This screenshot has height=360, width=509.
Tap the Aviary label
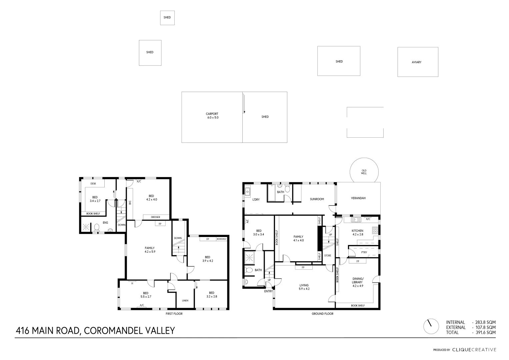coord(416,62)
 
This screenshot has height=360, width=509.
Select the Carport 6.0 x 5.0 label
coord(212,116)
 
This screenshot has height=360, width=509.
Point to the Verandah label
coord(358,198)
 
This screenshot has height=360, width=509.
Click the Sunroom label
coord(317,199)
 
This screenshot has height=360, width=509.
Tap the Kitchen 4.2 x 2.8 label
coord(357,232)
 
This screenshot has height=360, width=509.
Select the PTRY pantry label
coord(364,252)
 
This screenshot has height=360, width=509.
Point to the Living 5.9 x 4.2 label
coord(304,287)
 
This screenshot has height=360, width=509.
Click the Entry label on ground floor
coord(268,291)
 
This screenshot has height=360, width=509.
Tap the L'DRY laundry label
coord(256,199)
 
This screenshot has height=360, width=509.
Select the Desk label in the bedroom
coord(93,184)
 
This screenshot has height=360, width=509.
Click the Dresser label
coord(155,217)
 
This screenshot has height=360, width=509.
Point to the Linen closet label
coord(185,300)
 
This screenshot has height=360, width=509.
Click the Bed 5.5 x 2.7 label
coord(146,295)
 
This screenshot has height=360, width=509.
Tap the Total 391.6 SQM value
coord(484,332)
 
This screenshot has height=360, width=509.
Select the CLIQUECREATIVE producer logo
coord(474,350)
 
